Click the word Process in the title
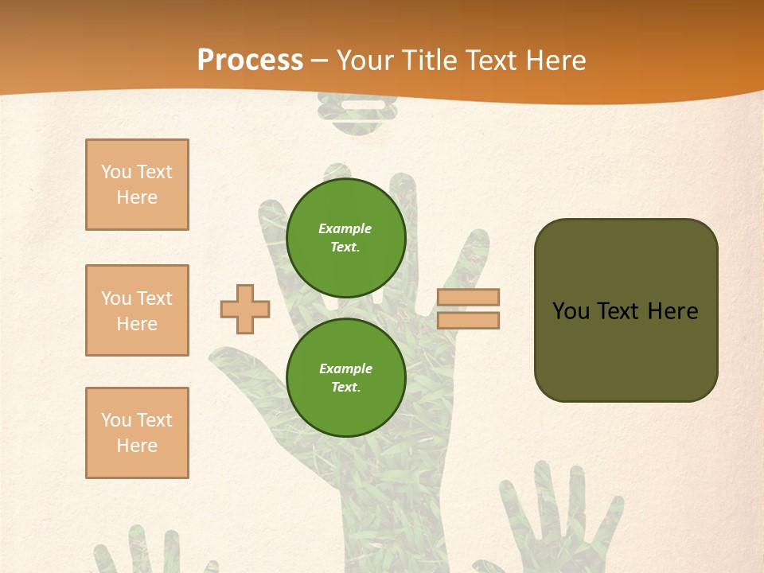click(x=250, y=60)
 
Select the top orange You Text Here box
click(x=137, y=185)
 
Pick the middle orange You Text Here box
click(x=137, y=310)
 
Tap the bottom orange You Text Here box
click(x=137, y=433)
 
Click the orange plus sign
click(x=245, y=309)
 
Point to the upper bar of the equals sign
click(x=468, y=297)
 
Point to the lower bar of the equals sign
click(x=468, y=320)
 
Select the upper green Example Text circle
click(x=346, y=237)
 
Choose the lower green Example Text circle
click(x=346, y=377)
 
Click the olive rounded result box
click(x=626, y=310)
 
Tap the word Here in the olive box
click(x=672, y=311)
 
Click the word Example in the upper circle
click(x=345, y=228)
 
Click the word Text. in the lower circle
click(x=345, y=387)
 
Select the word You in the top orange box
click(x=115, y=172)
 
